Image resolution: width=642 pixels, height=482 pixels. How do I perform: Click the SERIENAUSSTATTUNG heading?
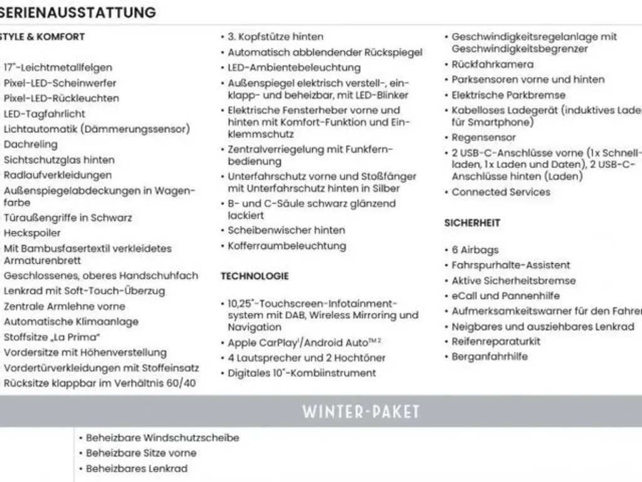coord(78,12)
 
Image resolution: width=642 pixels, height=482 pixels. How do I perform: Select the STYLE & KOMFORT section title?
coord(42,36)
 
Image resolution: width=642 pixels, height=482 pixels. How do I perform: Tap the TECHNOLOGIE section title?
coord(255,276)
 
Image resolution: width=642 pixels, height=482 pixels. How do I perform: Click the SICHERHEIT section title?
coord(472,223)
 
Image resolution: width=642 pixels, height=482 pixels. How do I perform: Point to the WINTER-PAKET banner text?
coord(361,412)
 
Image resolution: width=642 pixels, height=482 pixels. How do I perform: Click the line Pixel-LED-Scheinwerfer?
coord(60,83)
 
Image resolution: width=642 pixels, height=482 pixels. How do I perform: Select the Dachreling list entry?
coord(31,144)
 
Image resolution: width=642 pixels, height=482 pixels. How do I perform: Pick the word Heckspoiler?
coord(33,233)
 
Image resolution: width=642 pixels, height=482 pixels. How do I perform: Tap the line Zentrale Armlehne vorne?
coord(65,306)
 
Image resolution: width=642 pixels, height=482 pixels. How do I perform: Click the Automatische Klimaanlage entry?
coord(71,322)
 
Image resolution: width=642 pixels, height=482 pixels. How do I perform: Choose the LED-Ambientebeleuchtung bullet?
coord(294,68)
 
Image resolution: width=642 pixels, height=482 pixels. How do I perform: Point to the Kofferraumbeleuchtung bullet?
coord(287,246)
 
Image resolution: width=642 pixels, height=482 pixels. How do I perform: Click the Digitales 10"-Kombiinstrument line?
coord(302,373)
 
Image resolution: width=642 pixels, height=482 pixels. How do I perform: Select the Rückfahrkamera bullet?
coord(493,65)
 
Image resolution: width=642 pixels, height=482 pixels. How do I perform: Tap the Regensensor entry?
coord(483,137)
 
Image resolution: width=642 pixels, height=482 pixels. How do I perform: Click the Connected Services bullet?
coord(500,192)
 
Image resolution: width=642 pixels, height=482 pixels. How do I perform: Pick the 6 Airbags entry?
coord(475,250)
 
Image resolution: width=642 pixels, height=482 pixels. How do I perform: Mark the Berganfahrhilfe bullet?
coord(490,356)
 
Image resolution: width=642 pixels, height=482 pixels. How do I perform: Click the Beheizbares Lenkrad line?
coord(136,468)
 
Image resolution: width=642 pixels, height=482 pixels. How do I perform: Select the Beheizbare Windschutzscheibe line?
coord(162,437)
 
